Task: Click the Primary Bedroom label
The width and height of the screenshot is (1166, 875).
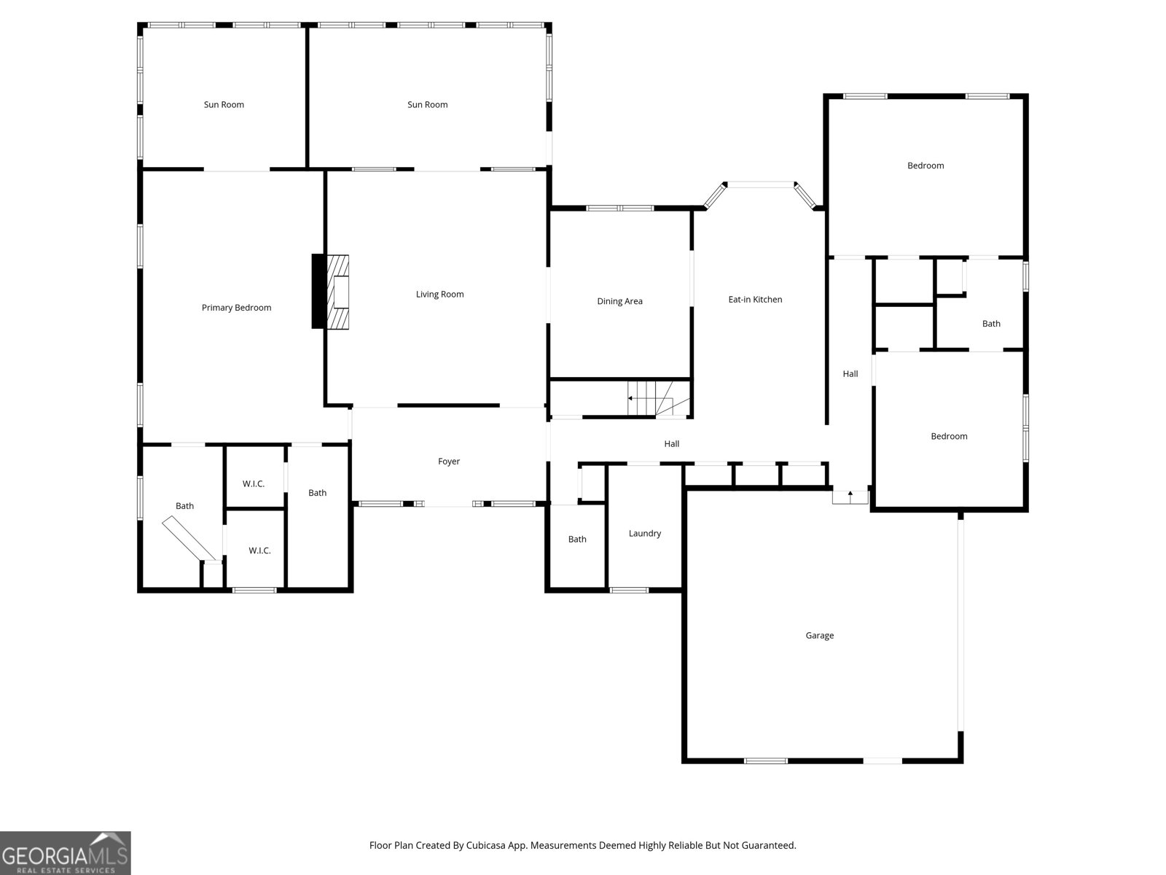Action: click(236, 308)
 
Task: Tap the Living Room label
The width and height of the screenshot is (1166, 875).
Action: click(440, 295)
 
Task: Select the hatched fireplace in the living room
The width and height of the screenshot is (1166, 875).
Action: click(337, 292)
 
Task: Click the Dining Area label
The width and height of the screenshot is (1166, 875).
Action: click(620, 301)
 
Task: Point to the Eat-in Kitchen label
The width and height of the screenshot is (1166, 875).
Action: click(756, 300)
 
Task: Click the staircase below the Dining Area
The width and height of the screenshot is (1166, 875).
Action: click(659, 398)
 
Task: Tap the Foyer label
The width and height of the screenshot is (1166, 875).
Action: click(449, 462)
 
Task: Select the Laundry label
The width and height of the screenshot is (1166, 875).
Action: click(645, 534)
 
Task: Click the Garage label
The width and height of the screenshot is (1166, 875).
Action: click(820, 635)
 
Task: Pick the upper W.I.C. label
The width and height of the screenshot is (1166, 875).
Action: click(254, 484)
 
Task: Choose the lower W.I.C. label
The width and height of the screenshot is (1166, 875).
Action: click(259, 551)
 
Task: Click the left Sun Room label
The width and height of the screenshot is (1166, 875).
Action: click(224, 105)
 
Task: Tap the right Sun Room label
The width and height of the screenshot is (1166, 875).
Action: click(428, 105)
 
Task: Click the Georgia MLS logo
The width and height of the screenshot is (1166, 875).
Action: click(66, 853)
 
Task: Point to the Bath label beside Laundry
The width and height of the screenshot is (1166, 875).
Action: click(577, 540)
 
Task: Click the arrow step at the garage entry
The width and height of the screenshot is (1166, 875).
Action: click(850, 497)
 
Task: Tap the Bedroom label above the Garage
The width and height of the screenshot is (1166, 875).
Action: click(950, 437)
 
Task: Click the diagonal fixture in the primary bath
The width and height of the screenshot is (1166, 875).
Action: click(189, 537)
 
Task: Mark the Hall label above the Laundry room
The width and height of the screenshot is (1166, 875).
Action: click(672, 444)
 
